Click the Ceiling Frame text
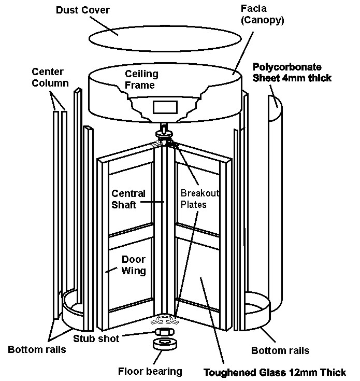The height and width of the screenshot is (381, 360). coord(141,79)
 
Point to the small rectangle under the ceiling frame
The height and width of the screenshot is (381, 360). coord(166,108)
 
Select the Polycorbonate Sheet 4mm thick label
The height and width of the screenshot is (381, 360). coord(292,72)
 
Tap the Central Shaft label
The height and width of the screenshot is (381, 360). coord(129,199)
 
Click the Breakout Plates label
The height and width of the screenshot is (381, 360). coord(200,198)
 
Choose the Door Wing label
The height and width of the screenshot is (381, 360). coord(133,264)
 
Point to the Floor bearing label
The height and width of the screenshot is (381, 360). coord(151,371)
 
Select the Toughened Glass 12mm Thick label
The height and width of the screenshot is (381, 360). coord(275,372)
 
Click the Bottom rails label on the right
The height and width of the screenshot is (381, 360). coord(280,350)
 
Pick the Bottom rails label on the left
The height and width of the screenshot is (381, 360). coord(37,349)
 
